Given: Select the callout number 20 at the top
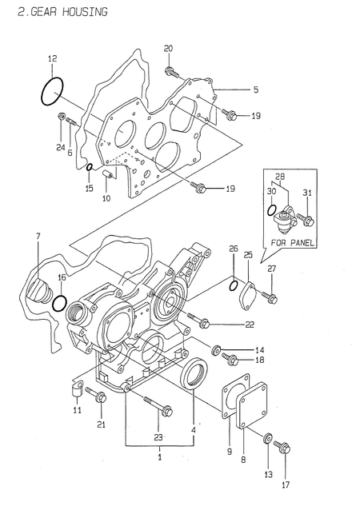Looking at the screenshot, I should pos(168,50).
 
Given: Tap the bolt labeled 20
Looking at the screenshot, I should pos(171,74).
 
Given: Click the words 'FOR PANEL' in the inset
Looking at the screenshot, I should pos(291,241).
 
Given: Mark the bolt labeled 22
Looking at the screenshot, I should pos(202,323).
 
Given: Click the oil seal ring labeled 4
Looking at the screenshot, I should pos(197,376).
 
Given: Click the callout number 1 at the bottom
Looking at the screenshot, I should pos(159,456).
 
